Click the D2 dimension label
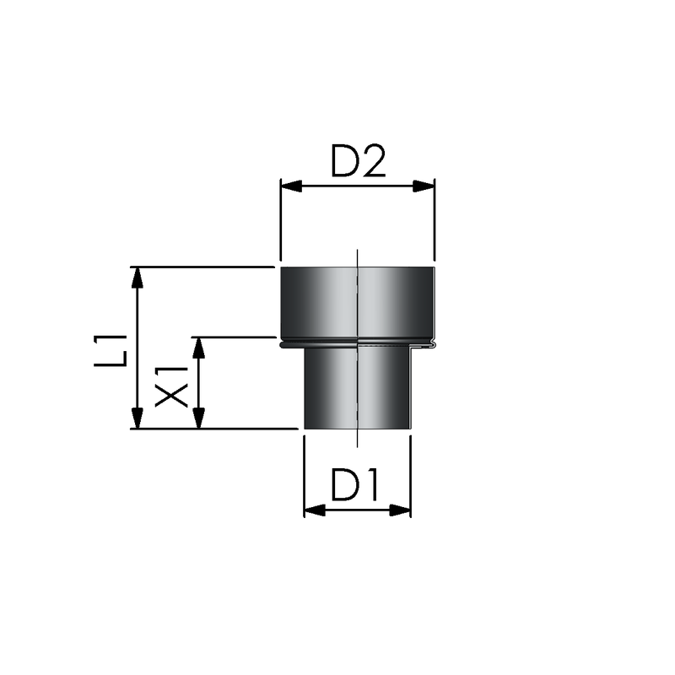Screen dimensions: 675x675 pyautogui.click(x=358, y=161)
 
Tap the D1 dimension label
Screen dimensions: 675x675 pyautogui.click(x=354, y=484)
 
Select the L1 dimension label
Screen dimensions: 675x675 pyautogui.click(x=111, y=350)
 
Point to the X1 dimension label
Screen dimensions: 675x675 pyautogui.click(x=172, y=386)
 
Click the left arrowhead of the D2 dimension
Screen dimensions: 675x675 pyautogui.click(x=291, y=186)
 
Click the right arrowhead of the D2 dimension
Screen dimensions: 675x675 pyautogui.click(x=424, y=186)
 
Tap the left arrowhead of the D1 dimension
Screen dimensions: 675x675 pyautogui.click(x=315, y=510)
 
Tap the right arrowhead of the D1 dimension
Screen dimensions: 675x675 pyautogui.click(x=400, y=510)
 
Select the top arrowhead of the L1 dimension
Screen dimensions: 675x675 pyautogui.click(x=137, y=278)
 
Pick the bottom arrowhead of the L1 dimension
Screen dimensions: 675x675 pyautogui.click(x=137, y=418)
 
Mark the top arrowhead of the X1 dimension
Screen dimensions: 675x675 pyautogui.click(x=198, y=348)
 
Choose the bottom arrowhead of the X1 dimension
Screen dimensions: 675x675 pyautogui.click(x=198, y=418)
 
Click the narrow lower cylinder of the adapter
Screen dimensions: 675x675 pyautogui.click(x=358, y=388)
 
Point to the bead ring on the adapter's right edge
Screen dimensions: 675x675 pyautogui.click(x=433, y=343)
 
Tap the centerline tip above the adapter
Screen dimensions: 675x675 pyautogui.click(x=357, y=250)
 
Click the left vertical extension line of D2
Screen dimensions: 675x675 pyautogui.click(x=281, y=219)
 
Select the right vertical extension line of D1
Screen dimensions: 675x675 pyautogui.click(x=411, y=477)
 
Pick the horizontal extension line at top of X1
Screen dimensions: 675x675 pyautogui.click(x=234, y=337)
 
